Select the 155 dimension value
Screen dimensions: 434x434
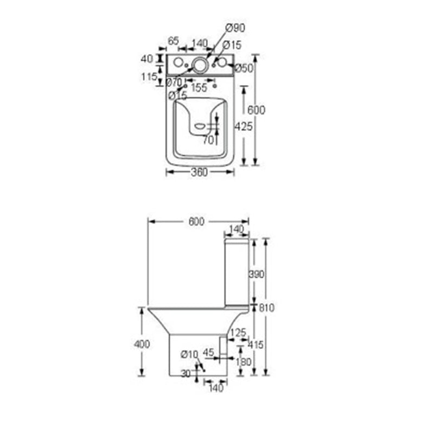(199, 88)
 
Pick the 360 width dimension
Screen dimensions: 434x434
(199, 173)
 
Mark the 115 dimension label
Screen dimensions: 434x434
(150, 77)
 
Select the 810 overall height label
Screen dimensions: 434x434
(267, 308)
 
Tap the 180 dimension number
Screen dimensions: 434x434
(244, 362)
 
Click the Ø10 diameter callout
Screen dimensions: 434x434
(189, 354)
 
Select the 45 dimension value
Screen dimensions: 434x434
(208, 352)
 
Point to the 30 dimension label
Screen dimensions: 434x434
(186, 373)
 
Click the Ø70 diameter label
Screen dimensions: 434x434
(174, 82)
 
